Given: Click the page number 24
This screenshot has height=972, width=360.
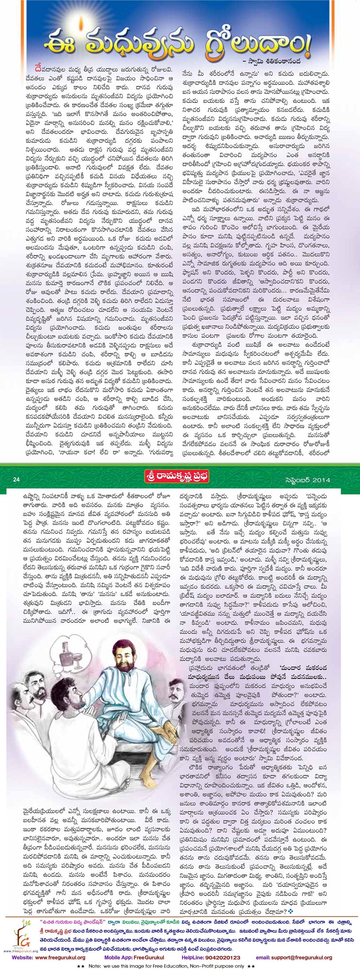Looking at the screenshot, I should coord(16,480).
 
